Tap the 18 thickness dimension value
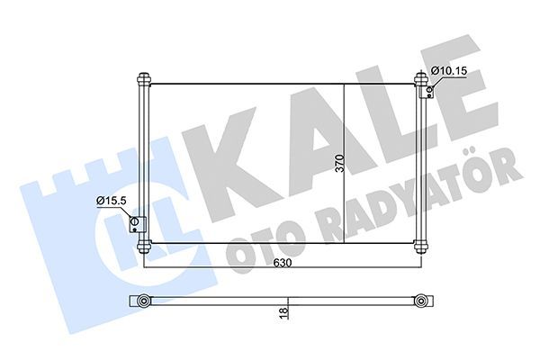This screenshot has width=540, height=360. pos(282,311)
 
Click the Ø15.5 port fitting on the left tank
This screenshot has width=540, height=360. pos(136,224)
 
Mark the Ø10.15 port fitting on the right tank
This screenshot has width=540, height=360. pos(429,88)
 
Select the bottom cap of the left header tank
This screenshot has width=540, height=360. pos(142,246)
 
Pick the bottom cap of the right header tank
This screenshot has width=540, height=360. pos(420,245)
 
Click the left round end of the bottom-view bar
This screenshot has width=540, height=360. pos(142,300)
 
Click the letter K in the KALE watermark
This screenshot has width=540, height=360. pos(225,162)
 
